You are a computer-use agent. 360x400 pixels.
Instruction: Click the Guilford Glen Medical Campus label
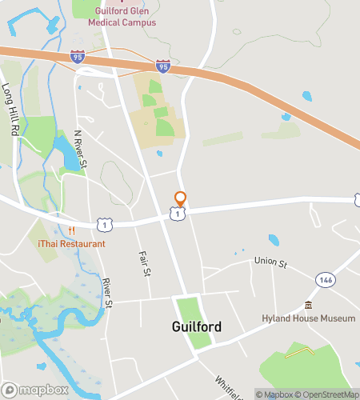126,17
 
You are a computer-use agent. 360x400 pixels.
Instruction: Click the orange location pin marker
181,198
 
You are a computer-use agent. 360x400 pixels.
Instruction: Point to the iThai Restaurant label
71,243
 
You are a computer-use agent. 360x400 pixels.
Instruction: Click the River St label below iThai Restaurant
108,293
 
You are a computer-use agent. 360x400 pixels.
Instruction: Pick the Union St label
270,261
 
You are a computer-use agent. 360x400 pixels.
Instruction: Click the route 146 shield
325,279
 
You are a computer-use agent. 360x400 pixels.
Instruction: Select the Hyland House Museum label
309,318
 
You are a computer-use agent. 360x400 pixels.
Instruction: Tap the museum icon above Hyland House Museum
308,305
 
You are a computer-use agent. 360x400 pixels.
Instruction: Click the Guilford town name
197,326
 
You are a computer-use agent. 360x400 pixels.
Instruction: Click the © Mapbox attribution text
275,394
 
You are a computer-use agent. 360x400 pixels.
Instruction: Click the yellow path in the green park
299,351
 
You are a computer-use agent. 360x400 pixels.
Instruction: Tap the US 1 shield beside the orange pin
178,214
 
